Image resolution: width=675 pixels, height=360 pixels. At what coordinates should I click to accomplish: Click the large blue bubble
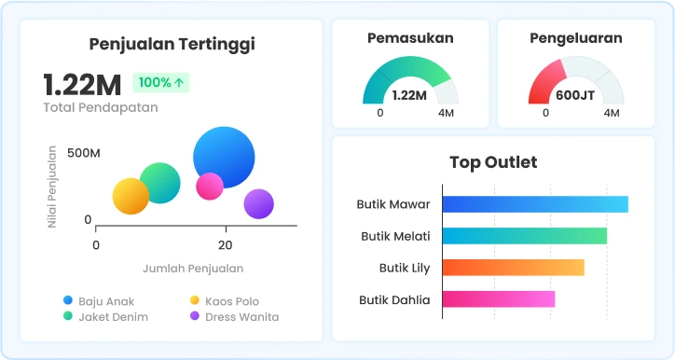[224, 157]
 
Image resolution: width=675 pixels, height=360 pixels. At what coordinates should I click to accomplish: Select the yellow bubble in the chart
[131, 196]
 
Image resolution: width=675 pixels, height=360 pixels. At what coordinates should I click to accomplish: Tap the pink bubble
[210, 186]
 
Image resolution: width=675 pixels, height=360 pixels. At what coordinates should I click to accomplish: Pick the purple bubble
[258, 203]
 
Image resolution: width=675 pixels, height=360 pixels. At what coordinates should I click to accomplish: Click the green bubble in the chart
[160, 182]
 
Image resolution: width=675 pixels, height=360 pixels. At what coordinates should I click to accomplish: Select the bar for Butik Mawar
[534, 204]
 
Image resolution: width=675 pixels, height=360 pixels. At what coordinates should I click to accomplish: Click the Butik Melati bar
[524, 236]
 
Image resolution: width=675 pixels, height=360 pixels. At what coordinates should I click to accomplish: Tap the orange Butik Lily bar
[513, 268]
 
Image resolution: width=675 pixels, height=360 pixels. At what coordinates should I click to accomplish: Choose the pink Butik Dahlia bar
[498, 299]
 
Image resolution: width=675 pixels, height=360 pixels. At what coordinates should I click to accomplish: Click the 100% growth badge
[161, 82]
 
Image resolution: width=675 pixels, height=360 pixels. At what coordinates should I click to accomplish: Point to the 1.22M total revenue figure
[82, 85]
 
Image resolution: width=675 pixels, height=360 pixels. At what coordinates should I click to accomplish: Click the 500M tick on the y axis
[83, 152]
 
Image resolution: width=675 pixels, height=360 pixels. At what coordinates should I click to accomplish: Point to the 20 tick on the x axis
[225, 244]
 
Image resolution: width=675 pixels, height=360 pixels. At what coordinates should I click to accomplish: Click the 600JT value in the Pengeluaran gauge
[575, 95]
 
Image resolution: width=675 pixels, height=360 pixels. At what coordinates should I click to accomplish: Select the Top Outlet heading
[492, 162]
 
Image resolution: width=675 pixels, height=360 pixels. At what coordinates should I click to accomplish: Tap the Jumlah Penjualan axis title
[193, 269]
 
